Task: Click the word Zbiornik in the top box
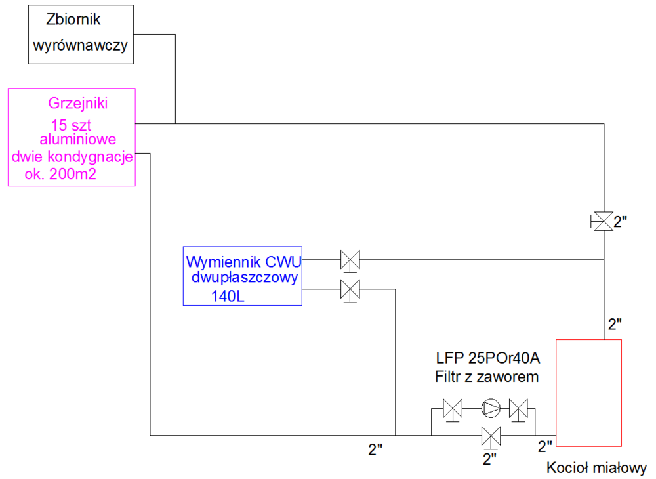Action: tap(73, 20)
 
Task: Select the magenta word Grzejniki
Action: tap(78, 103)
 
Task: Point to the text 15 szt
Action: tap(73, 125)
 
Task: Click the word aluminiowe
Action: tap(78, 140)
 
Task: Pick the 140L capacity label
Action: tap(227, 297)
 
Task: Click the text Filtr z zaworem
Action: tap(486, 377)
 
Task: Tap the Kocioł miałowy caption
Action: tap(596, 469)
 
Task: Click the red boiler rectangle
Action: tap(588, 391)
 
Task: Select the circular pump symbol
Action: tap(489, 408)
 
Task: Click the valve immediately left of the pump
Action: tap(453, 409)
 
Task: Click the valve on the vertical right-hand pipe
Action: tap(602, 221)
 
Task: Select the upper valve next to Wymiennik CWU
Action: tap(350, 260)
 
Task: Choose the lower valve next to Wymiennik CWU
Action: tap(350, 289)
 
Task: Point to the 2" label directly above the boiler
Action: tap(615, 323)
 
